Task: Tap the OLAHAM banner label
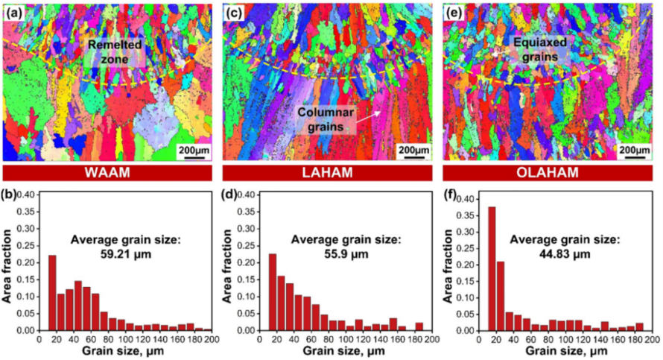tap(549, 173)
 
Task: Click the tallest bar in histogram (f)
tap(492, 268)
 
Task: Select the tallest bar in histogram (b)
tap(52, 292)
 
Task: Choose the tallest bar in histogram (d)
tap(272, 291)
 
